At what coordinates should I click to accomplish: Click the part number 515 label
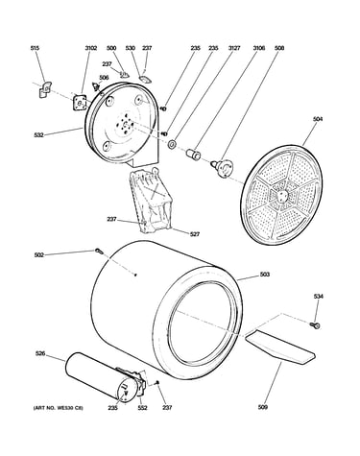35,48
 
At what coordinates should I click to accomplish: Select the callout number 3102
91,48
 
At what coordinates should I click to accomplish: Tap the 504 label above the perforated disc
318,119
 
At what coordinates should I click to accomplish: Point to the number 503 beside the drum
265,275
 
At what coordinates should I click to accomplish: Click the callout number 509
262,407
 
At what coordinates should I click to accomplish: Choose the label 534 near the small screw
319,297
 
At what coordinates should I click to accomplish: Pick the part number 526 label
40,353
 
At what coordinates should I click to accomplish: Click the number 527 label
195,234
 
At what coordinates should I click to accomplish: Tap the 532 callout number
38,135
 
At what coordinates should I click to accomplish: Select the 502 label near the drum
39,255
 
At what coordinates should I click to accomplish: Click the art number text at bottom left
59,408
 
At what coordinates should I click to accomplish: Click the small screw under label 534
315,325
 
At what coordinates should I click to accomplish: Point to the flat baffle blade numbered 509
279,348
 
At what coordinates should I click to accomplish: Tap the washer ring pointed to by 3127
172,144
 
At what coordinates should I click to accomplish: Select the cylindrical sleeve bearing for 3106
193,153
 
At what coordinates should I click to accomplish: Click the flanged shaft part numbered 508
222,167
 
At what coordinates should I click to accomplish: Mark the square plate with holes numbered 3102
80,103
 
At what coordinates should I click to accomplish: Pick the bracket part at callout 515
45,89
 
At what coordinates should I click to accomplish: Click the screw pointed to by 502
99,252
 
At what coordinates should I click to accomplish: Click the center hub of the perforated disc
281,195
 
